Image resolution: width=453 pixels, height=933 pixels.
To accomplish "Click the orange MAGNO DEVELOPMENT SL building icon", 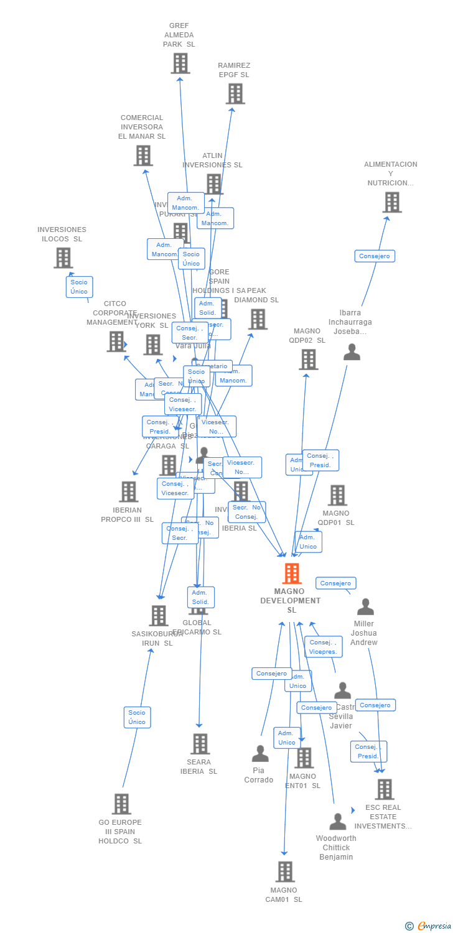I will point(291,573).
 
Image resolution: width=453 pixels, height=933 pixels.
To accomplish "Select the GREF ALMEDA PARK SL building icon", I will point(180,63).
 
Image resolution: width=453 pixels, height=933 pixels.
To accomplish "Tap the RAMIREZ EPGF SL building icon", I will point(235,94).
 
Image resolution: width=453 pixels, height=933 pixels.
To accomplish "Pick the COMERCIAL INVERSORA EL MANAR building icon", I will point(142,155).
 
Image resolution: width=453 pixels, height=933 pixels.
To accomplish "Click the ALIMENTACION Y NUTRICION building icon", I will point(391,202).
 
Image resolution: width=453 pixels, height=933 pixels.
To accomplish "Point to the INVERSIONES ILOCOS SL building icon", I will point(63,258).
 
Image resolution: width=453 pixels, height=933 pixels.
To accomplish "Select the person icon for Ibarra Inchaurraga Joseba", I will point(352,353).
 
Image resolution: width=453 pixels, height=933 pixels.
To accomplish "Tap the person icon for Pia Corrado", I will point(260,754).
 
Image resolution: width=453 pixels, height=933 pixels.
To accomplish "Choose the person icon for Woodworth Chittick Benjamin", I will point(337,822).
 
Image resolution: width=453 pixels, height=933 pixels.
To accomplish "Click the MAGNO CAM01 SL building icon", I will point(285,871).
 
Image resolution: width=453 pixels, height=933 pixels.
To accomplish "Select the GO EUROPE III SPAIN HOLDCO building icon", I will point(121,804).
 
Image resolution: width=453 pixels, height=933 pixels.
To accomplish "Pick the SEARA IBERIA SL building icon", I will point(200,744).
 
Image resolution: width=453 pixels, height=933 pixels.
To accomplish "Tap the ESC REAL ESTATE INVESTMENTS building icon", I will point(385,789).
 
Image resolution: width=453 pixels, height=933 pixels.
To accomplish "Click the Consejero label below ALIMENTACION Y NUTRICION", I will point(375,256).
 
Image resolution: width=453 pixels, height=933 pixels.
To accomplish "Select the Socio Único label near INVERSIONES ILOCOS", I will point(79,287).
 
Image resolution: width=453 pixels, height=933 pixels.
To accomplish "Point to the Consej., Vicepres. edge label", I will point(324,647).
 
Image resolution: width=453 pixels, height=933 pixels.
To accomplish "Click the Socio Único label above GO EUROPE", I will point(137,717).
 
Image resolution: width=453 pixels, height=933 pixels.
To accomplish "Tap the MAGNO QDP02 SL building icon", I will point(309,360).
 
